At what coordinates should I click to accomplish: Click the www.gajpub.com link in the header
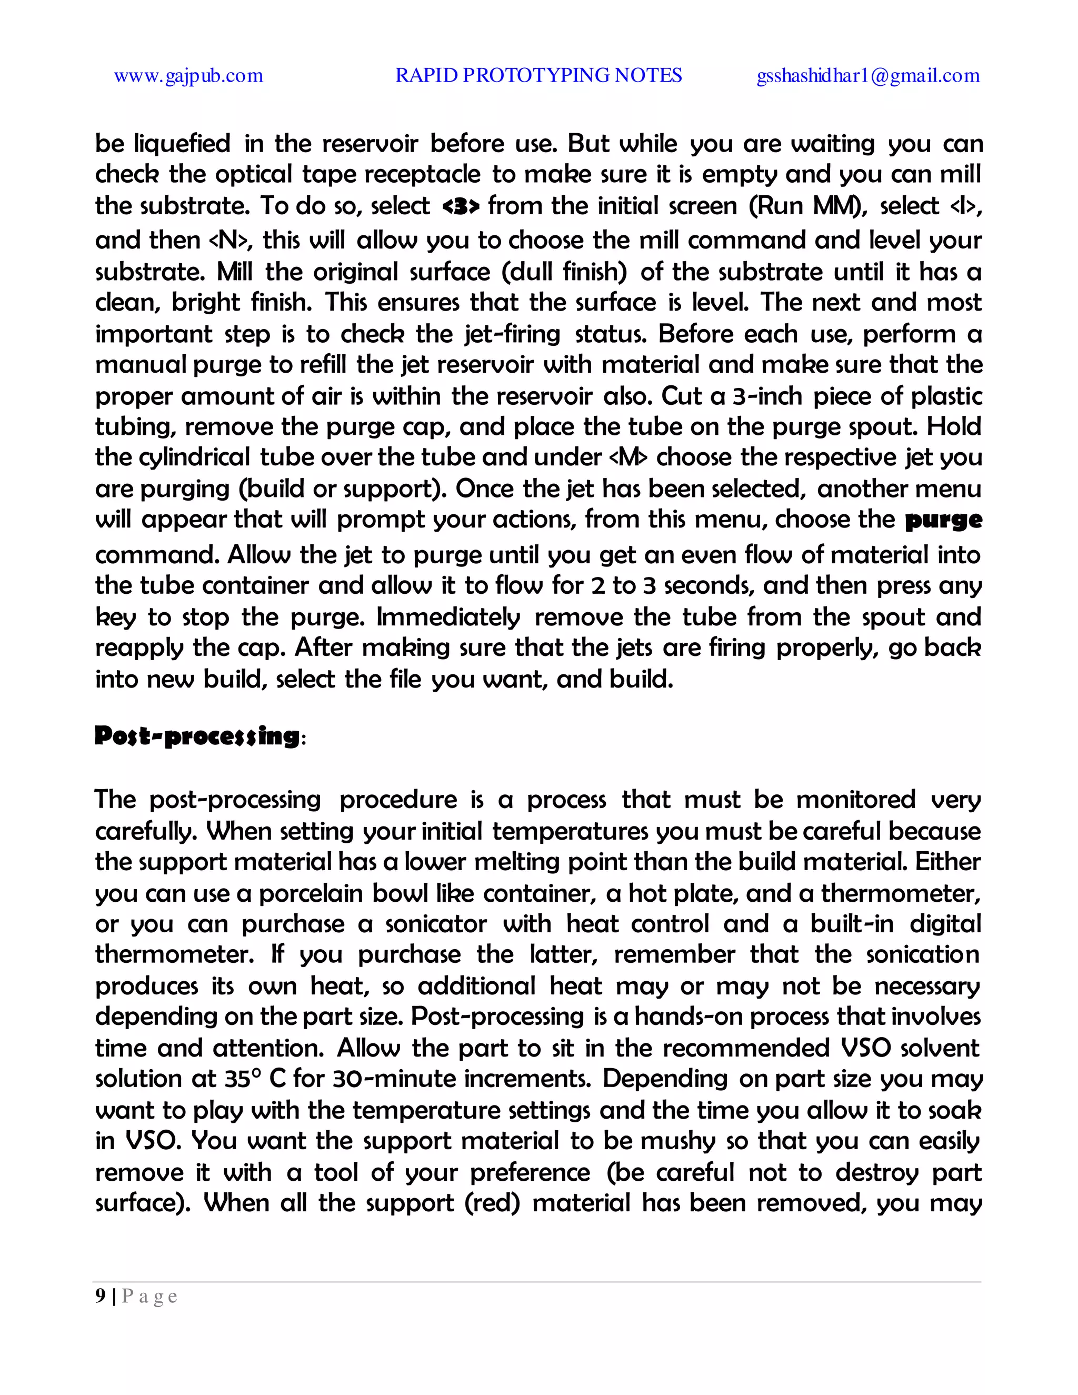[x=188, y=76]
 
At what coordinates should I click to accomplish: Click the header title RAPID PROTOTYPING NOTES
[x=538, y=75]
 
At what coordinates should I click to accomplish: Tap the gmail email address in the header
[x=868, y=76]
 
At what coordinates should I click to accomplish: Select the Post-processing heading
[x=197, y=736]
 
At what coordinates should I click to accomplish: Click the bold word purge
[x=943, y=520]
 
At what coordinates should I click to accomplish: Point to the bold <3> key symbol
[x=460, y=206]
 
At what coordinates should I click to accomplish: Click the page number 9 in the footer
[x=100, y=1296]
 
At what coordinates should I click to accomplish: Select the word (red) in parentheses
[x=492, y=1203]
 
